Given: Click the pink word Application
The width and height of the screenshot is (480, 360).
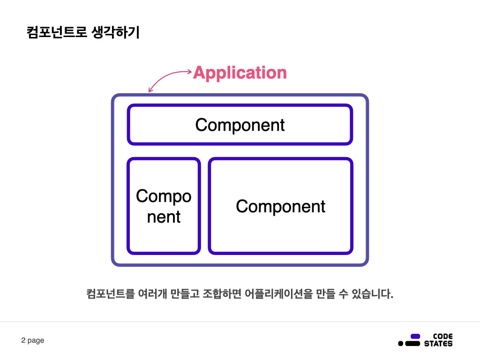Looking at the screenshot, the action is (x=240, y=73).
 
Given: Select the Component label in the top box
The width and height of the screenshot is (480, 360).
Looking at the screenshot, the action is (x=240, y=125).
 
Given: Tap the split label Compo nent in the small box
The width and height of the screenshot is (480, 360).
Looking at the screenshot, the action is (x=164, y=206).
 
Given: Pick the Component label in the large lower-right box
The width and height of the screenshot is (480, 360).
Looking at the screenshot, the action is (x=280, y=206).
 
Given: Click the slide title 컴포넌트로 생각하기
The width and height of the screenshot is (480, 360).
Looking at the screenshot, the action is (x=83, y=33).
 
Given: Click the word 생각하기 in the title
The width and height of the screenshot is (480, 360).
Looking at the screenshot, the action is (x=117, y=33).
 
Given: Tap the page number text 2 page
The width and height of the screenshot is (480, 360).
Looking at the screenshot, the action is (x=33, y=340).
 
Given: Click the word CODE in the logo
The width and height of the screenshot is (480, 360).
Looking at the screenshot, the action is (x=443, y=336).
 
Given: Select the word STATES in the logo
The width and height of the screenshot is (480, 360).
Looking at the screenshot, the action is (x=438, y=344).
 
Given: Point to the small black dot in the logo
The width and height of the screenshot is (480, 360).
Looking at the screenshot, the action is (x=400, y=344).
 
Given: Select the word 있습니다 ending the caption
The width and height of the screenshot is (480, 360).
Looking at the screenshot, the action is (x=371, y=294).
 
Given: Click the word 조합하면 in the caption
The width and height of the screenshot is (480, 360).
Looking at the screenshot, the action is (x=221, y=294).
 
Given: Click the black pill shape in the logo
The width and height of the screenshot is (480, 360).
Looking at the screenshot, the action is (x=412, y=344).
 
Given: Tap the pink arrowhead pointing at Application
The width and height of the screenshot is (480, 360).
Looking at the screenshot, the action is (x=189, y=72).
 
